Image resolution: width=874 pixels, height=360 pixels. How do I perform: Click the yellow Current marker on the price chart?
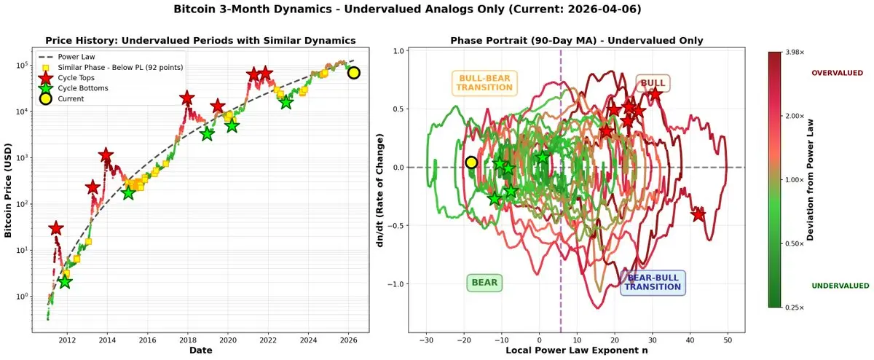click(353, 72)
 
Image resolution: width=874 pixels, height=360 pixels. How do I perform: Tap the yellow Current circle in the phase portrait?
click(471, 163)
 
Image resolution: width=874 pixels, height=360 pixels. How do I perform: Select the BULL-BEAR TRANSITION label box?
click(484, 83)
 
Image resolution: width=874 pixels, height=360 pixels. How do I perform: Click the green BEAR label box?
click(484, 283)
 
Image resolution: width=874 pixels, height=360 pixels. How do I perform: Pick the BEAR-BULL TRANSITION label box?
click(653, 282)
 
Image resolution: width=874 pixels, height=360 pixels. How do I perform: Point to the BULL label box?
click(653, 84)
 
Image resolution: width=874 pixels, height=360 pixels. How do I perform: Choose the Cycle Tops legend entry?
click(81, 77)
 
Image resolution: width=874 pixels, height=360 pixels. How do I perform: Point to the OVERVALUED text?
click(837, 73)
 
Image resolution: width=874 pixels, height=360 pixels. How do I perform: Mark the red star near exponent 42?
click(698, 214)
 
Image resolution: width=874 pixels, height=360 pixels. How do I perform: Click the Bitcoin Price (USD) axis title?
click(9, 189)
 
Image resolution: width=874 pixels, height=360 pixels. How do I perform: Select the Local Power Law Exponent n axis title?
click(576, 351)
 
